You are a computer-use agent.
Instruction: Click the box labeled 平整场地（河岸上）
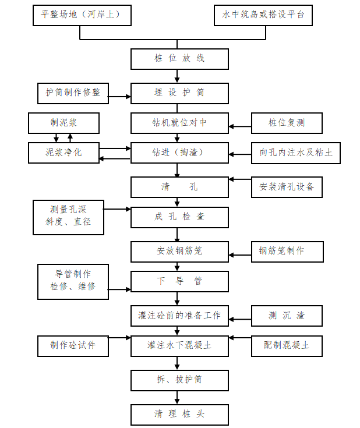point(80,15)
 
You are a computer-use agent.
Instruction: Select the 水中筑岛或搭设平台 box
point(263,15)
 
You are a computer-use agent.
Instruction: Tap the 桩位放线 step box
point(179,59)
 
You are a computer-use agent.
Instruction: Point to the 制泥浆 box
point(64,123)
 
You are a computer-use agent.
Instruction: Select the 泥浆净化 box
point(64,153)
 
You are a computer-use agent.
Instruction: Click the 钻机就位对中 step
point(179,123)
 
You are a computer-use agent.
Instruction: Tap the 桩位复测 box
point(287,123)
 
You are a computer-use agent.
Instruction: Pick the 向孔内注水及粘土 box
point(296,153)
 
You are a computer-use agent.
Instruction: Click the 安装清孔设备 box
point(287,187)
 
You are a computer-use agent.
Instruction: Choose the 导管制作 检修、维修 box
point(73,281)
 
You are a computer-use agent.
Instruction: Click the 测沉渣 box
point(287,316)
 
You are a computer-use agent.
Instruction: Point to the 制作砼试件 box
point(73,345)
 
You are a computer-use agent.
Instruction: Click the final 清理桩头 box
point(179,414)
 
